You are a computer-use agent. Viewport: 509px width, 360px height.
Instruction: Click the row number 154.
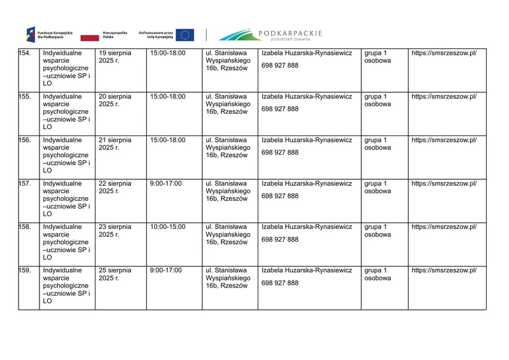coord(25,53)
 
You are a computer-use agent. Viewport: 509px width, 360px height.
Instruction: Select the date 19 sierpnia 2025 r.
coord(115,57)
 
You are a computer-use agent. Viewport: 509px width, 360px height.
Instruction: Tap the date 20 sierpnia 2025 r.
coord(115,100)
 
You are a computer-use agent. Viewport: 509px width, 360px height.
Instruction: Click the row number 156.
coord(25,141)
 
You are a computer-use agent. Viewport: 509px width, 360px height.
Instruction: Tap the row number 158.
coord(25,226)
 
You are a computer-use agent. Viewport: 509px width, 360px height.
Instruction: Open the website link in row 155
coord(443,97)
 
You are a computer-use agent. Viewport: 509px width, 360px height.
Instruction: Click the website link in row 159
coord(443,270)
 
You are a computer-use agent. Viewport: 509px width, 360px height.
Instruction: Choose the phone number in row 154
coord(280,66)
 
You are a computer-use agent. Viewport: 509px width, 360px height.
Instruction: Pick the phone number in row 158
coord(280,239)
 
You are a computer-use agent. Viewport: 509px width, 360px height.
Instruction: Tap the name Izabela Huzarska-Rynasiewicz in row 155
coord(307,97)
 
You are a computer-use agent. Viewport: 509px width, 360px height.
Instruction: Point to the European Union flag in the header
coord(185,34)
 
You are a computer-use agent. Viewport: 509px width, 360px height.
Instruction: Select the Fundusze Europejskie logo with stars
coord(31,34)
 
